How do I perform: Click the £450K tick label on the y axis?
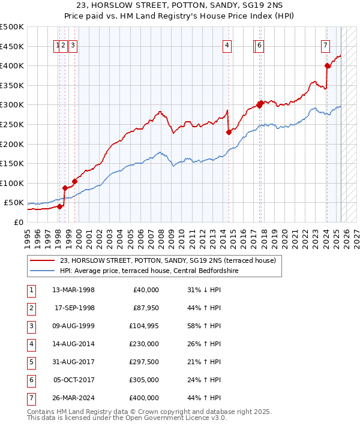click(x=12, y=46)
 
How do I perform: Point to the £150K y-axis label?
click(x=12, y=163)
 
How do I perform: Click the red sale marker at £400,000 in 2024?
click(x=327, y=66)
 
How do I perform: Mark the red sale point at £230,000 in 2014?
click(x=229, y=133)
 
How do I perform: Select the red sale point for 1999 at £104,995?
click(x=75, y=181)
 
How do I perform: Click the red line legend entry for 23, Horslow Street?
click(x=167, y=260)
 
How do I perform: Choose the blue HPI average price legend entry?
click(x=149, y=271)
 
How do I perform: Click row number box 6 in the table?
click(x=30, y=380)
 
